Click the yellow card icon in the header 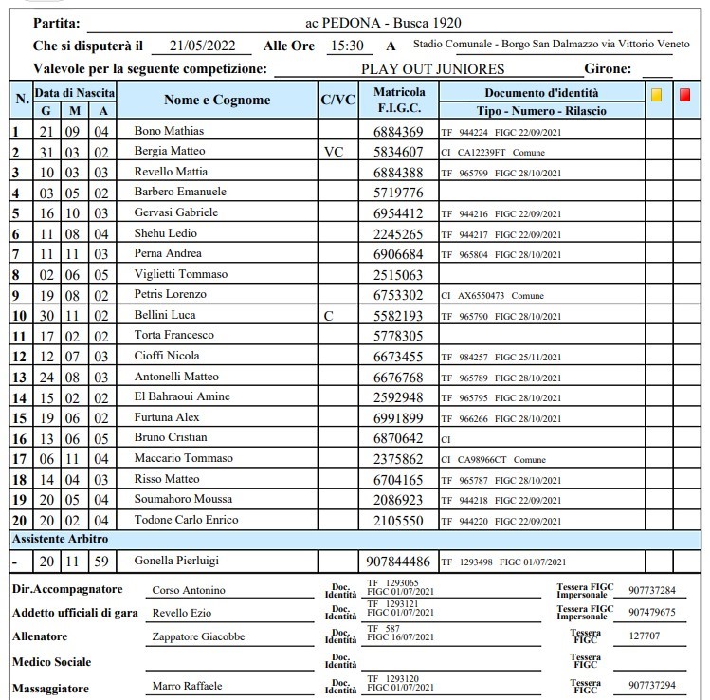click(656, 95)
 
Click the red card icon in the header click(685, 95)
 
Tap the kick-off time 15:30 click(346, 46)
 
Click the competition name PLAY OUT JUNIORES click(432, 68)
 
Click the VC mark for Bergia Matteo click(334, 152)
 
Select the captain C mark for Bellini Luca click(329, 315)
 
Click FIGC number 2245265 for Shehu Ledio click(399, 233)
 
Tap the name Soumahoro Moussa click(184, 499)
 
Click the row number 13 click(19, 377)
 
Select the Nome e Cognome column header click(217, 100)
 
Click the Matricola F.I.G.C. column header click(399, 100)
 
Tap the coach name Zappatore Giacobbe click(198, 636)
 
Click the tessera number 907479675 click(652, 613)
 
